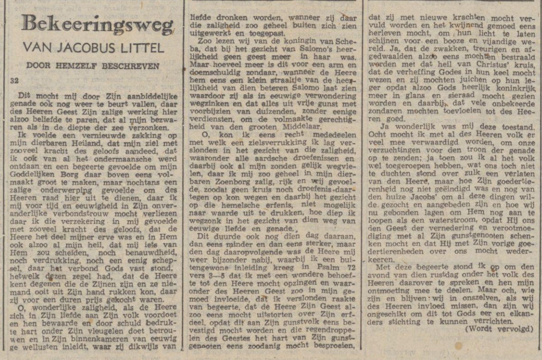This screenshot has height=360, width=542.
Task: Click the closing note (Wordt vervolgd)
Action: (x=501, y=329)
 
